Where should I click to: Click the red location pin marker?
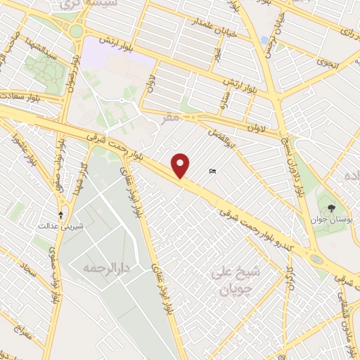[x=181, y=165]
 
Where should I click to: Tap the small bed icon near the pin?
[x=212, y=171]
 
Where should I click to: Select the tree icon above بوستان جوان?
[x=332, y=207]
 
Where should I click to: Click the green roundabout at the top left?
[x=75, y=31]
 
